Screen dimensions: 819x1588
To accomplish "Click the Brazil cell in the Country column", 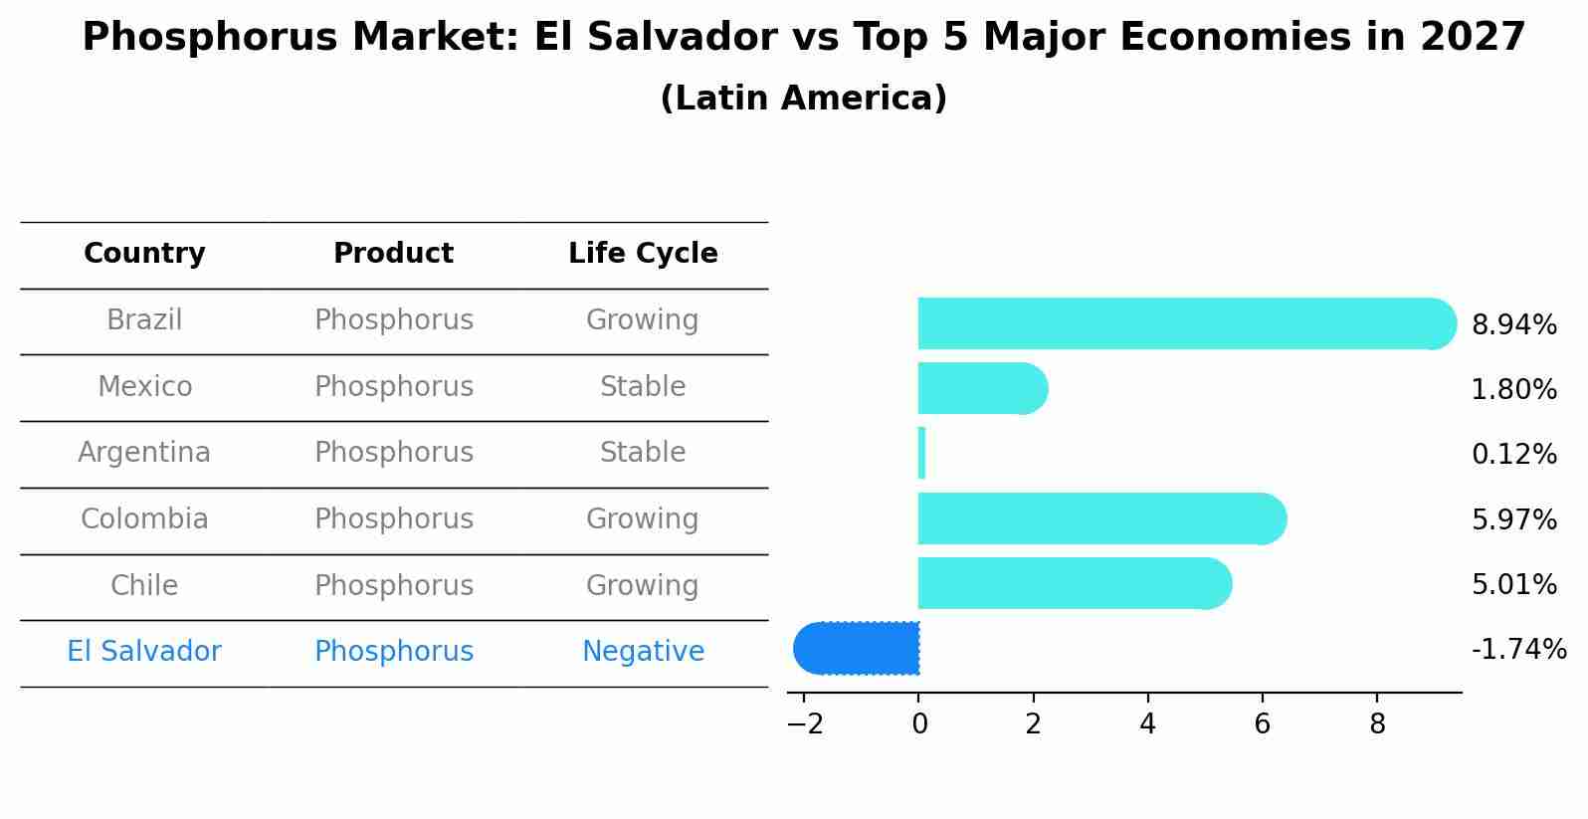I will (144, 320).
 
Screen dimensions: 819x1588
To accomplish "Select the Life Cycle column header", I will (643, 254).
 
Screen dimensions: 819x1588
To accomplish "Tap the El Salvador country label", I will (144, 652).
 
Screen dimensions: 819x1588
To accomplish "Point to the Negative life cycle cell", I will (643, 652).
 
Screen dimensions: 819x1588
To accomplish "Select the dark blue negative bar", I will (858, 648).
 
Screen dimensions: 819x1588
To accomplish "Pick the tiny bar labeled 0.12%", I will (921, 453).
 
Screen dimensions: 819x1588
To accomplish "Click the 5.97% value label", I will (1513, 519).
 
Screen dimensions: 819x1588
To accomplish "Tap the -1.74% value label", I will (1518, 650).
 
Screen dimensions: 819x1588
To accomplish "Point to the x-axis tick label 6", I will (1262, 724).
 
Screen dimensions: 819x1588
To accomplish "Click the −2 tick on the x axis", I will (805, 724).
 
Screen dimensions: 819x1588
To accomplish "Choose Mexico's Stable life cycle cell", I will (643, 387).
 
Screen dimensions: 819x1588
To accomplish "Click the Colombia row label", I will (144, 519).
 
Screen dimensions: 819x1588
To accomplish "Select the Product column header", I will (393, 254).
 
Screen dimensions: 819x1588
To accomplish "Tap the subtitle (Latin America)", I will (803, 99).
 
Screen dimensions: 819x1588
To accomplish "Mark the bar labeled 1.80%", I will (980, 388).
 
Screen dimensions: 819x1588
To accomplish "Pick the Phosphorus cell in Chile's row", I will (393, 586).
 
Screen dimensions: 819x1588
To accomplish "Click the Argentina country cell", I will (144, 453).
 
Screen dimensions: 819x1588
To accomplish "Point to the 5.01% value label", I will (1513, 584).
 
